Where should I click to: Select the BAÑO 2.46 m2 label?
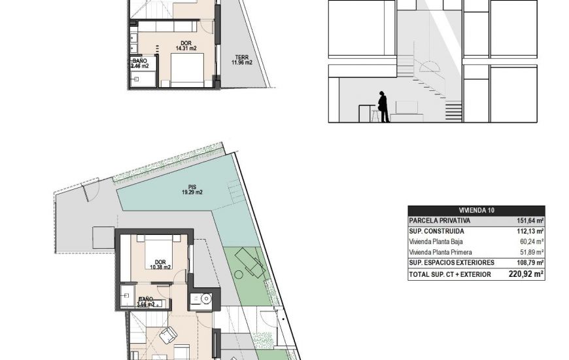(140, 63)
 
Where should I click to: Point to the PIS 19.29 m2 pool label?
(192, 190)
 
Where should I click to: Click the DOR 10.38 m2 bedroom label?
(158, 264)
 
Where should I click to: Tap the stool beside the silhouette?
(375, 116)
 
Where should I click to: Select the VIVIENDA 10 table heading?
(477, 210)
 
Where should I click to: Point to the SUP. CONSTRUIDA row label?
(436, 231)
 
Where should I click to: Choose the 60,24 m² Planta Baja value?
(532, 242)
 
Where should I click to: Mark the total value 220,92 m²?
(526, 274)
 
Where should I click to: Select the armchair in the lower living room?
(168, 334)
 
